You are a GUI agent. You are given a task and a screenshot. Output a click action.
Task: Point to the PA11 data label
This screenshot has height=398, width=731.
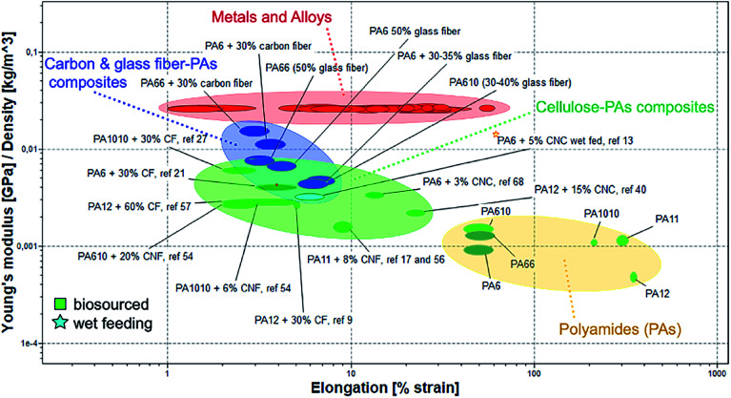[x=667, y=220]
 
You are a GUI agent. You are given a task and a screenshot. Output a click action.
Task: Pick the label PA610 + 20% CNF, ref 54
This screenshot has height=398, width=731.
[x=135, y=255]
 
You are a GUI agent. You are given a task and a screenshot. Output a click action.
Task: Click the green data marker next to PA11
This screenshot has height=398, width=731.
[x=623, y=241]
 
